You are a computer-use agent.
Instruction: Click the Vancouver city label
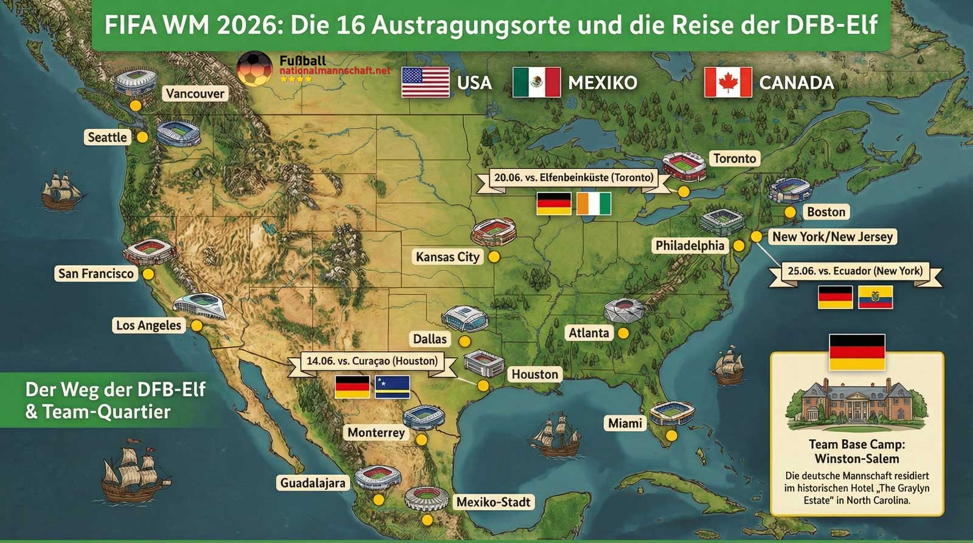[x=195, y=94]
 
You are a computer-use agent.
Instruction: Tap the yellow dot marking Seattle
[x=142, y=137]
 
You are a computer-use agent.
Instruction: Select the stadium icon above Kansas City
[x=494, y=232]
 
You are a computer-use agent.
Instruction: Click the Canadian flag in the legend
[x=728, y=83]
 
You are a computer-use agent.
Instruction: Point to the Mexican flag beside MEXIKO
[x=536, y=83]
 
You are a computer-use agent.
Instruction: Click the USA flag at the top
[x=425, y=83]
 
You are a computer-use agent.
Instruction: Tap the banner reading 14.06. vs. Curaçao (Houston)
[x=372, y=361]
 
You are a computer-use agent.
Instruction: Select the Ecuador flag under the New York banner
[x=875, y=297]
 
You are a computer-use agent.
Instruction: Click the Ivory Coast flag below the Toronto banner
[x=594, y=204]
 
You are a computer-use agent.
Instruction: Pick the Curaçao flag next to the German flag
[x=392, y=387]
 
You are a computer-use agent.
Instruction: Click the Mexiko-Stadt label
[x=493, y=502]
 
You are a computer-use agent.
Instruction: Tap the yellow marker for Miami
[x=671, y=436]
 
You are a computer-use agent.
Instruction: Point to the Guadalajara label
[x=313, y=483]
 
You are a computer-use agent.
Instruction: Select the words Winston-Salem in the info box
[x=856, y=459]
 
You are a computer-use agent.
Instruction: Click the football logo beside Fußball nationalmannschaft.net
[x=255, y=69]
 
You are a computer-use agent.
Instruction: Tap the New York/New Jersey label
[x=832, y=237]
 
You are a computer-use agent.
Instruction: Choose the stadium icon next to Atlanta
[x=623, y=311]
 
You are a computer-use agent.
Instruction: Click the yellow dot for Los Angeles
[x=196, y=326]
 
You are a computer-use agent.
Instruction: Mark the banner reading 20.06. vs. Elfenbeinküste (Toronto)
[x=573, y=178]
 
